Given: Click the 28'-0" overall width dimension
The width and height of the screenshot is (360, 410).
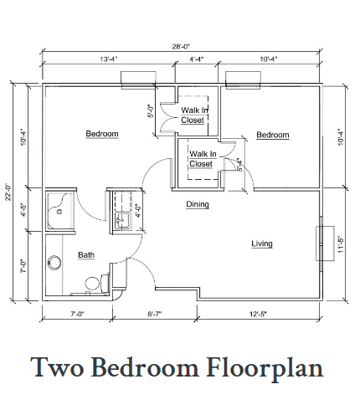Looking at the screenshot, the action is click(181, 46).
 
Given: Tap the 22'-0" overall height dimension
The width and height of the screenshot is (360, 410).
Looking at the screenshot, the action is click(8, 192).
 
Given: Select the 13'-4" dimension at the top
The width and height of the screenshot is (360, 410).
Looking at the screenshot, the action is click(109, 59).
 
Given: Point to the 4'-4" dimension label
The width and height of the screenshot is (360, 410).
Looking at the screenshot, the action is click(197, 59).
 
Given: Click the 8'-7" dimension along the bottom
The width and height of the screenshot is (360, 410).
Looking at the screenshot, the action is click(155, 315).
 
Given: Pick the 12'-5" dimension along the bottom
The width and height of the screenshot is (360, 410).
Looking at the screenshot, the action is click(258, 315).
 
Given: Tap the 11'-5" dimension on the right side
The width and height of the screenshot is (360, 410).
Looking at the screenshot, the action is click(341, 245).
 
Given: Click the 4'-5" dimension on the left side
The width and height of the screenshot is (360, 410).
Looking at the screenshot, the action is click(24, 210).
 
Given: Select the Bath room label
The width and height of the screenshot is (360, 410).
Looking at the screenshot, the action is click(86, 255).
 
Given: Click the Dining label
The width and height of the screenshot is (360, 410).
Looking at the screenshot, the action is click(198, 204).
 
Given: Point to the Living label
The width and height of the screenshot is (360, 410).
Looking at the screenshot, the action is click(262, 243).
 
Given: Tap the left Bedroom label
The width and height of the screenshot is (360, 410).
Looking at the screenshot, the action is click(102, 134).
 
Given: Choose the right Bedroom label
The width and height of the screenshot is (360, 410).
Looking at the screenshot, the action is click(273, 135).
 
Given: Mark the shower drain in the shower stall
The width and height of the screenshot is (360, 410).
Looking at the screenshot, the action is click(59, 212).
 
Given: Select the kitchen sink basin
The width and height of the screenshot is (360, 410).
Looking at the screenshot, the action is click(122, 221).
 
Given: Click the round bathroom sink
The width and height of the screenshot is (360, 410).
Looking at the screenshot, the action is click(54, 263).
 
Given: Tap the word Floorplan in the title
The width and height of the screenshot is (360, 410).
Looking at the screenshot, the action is click(265, 368).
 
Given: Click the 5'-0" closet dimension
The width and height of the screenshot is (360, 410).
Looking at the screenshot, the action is click(151, 111).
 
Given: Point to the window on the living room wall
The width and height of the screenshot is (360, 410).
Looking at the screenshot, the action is click(321, 243).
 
